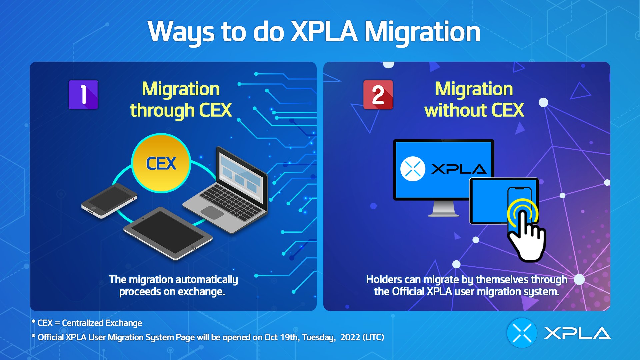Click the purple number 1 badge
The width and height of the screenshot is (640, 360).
[x=83, y=95]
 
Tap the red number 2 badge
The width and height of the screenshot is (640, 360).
[x=378, y=95]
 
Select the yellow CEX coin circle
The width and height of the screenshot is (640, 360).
[x=161, y=163]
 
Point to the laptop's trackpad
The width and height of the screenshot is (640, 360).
[x=212, y=212]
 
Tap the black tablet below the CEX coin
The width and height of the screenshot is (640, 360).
[x=168, y=233]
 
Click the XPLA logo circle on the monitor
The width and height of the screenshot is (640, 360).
[x=413, y=169]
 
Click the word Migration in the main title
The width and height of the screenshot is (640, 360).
[x=422, y=32]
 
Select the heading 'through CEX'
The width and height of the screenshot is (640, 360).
[x=181, y=110]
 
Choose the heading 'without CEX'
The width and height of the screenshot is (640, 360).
[x=474, y=110]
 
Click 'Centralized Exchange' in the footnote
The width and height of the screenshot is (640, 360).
[x=102, y=323]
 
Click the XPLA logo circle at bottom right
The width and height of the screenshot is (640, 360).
[x=522, y=333]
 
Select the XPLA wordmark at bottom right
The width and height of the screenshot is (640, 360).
[x=577, y=333]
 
